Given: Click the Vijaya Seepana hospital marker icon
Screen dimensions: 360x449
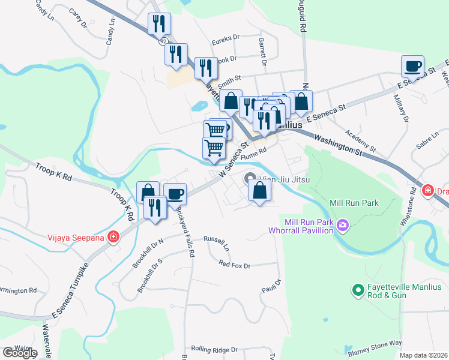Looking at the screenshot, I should (113, 236).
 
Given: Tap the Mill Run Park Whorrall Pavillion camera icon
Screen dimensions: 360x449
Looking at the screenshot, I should (343, 226).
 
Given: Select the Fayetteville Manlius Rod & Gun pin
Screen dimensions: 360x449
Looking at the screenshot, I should (358, 290).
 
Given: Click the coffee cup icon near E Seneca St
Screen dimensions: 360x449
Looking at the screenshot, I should (412, 66).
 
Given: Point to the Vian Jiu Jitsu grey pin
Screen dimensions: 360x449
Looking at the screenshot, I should (251, 179).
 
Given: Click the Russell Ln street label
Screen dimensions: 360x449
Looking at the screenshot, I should (217, 244).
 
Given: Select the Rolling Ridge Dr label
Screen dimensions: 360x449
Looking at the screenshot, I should (214, 349).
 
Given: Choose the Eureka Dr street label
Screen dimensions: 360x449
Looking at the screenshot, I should (225, 42).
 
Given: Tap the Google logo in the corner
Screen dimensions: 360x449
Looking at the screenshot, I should (20, 353).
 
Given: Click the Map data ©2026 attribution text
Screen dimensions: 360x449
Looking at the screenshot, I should (424, 355).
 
